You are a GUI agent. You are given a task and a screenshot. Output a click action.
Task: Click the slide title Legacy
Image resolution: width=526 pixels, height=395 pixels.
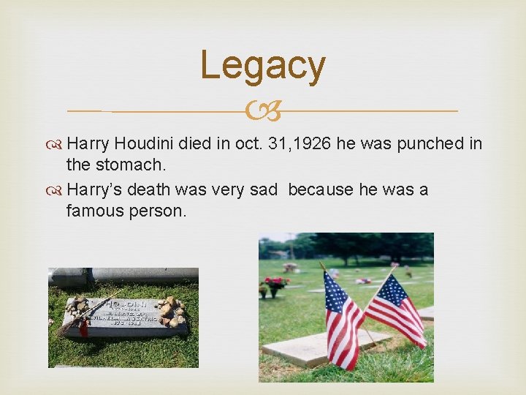[x=263, y=65]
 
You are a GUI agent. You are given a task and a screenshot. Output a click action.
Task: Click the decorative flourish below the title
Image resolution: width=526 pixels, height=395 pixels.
[x=263, y=112]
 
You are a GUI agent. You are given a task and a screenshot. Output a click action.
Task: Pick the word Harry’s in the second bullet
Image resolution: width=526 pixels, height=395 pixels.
[x=94, y=190]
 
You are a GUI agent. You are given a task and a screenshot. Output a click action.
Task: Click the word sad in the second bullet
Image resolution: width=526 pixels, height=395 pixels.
[x=264, y=190]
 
